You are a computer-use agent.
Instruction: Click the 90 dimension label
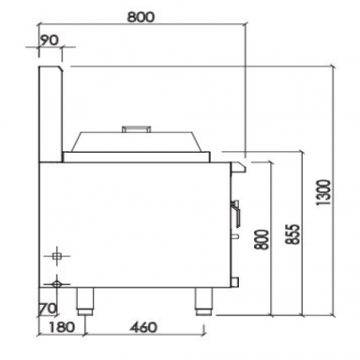(50, 40)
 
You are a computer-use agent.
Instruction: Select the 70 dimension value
(47, 308)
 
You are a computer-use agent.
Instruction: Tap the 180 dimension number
(62, 327)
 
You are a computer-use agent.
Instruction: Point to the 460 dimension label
(143, 327)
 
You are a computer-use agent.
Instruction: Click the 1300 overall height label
(322, 192)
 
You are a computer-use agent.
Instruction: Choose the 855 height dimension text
(293, 233)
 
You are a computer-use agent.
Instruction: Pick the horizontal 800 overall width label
(141, 17)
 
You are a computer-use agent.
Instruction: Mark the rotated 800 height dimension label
(262, 240)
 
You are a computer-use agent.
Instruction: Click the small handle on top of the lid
(136, 128)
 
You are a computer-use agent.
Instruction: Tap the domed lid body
(136, 142)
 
